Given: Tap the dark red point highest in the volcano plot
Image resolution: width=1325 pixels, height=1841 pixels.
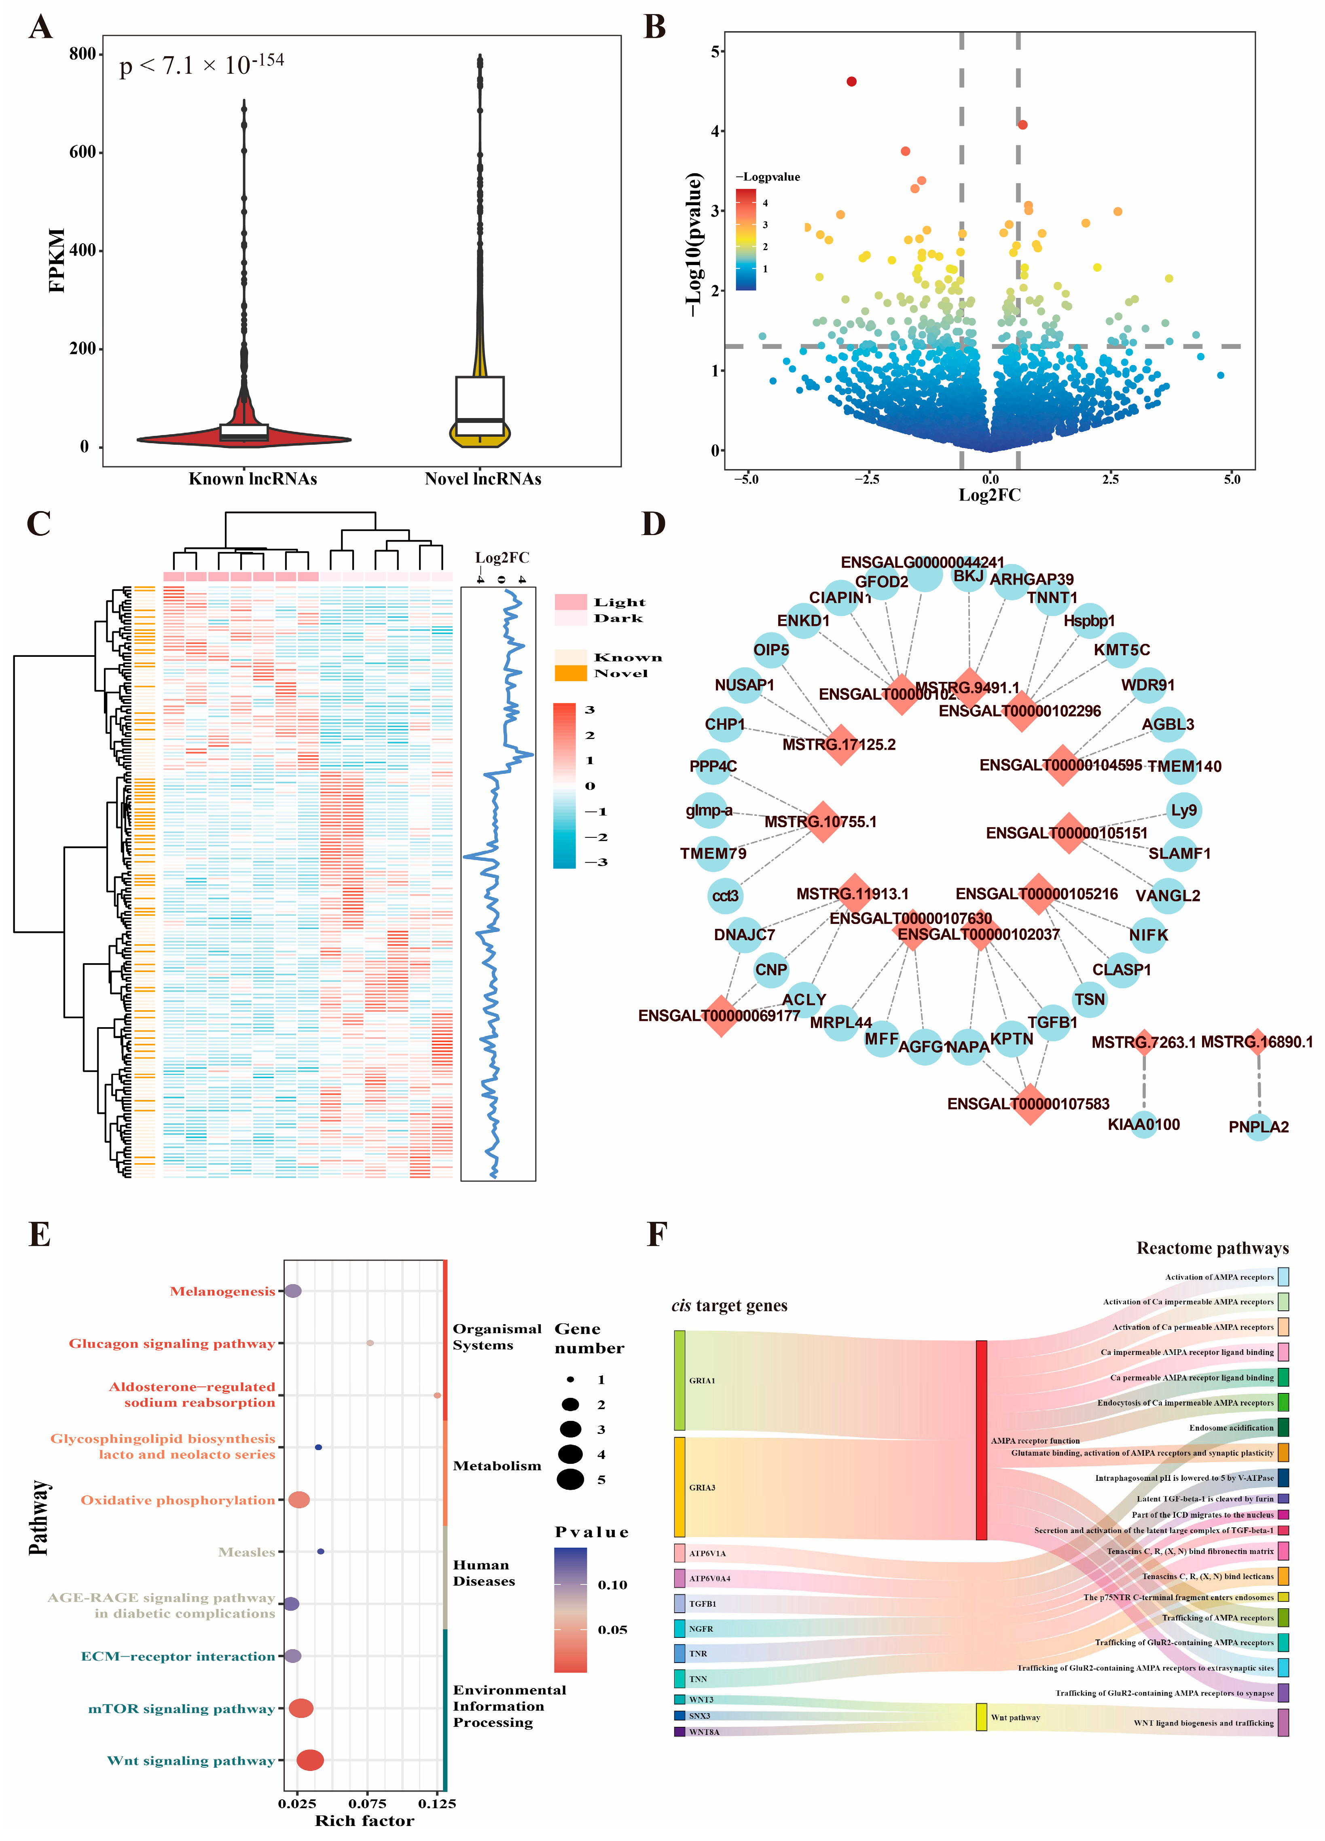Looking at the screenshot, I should [x=851, y=81].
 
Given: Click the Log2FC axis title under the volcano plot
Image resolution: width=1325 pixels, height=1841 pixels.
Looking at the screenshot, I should [x=989, y=495].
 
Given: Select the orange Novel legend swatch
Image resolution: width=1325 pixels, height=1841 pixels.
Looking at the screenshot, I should [x=570, y=673].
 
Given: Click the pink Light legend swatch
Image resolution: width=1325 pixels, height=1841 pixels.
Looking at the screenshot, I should [x=570, y=601].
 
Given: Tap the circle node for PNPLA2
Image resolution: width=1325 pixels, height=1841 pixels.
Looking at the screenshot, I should [x=1258, y=1127].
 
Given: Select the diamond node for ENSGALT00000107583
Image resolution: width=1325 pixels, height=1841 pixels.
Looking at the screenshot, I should [x=1030, y=1104].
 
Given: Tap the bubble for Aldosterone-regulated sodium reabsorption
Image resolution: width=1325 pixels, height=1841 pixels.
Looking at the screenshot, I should [x=437, y=1395].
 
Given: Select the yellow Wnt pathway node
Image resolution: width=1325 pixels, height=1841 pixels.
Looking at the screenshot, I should [x=981, y=1717].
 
